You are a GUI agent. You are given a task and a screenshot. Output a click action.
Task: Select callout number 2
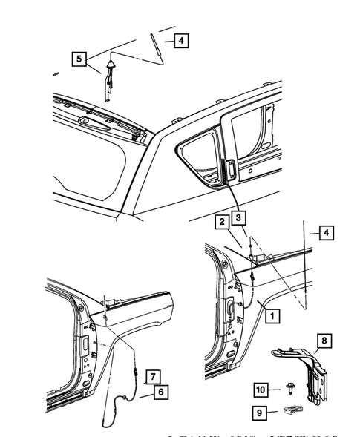coord(221,220)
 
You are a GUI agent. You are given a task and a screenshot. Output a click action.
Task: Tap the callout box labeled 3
coord(238,218)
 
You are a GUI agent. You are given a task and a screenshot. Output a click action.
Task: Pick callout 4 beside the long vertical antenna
coord(325,233)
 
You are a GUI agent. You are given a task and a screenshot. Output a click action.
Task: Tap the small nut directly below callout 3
coord(251,246)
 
